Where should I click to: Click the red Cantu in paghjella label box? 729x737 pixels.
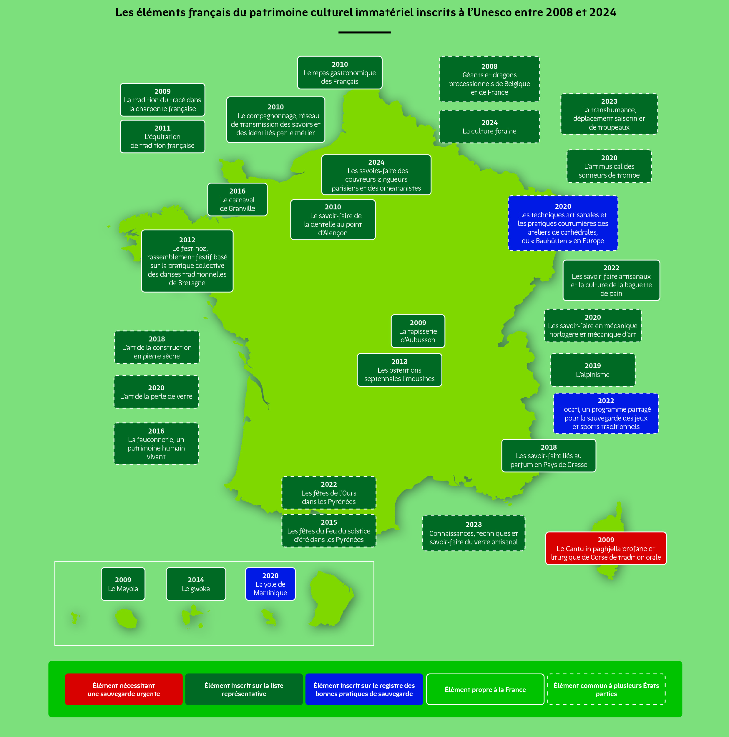click(606, 548)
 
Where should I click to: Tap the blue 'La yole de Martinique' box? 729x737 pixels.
click(270, 584)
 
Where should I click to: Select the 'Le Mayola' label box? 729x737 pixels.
click(123, 584)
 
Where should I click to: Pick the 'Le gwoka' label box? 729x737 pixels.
click(196, 584)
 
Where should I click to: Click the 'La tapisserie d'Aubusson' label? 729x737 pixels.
click(418, 331)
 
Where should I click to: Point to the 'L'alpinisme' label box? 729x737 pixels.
click(593, 370)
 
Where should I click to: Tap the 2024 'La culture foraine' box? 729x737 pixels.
click(489, 127)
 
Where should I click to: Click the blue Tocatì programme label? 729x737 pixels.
click(606, 413)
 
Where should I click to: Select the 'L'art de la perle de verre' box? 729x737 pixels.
click(156, 392)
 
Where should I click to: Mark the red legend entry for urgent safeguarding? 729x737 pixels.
click(124, 689)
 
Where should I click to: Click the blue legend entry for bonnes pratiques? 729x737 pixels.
click(364, 689)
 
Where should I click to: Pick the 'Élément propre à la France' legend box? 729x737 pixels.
click(485, 689)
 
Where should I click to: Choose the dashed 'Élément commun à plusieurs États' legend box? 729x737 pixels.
click(606, 689)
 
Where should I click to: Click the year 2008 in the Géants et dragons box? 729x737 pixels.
click(489, 66)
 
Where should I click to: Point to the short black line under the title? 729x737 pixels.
click(364, 32)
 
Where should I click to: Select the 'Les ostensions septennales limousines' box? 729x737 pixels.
click(399, 370)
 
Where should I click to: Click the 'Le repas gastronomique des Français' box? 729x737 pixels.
click(340, 73)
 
